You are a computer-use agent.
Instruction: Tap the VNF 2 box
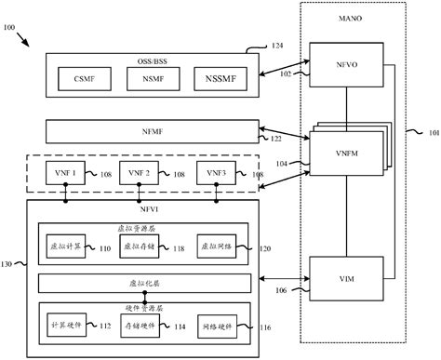pos(140,174)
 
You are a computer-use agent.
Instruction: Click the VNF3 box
pos(216,174)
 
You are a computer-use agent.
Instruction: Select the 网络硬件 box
pos(218,327)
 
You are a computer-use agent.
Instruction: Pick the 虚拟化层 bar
pos(144,282)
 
